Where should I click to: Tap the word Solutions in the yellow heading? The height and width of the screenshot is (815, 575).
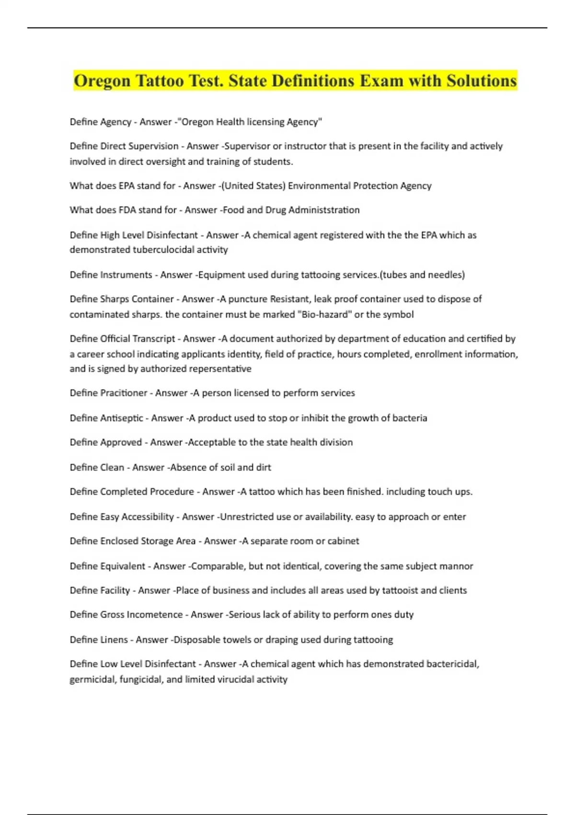(482, 81)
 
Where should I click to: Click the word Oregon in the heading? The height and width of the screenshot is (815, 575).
(102, 81)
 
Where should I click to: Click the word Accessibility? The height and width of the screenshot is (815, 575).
(148, 517)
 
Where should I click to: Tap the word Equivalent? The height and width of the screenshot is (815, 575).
(123, 566)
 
